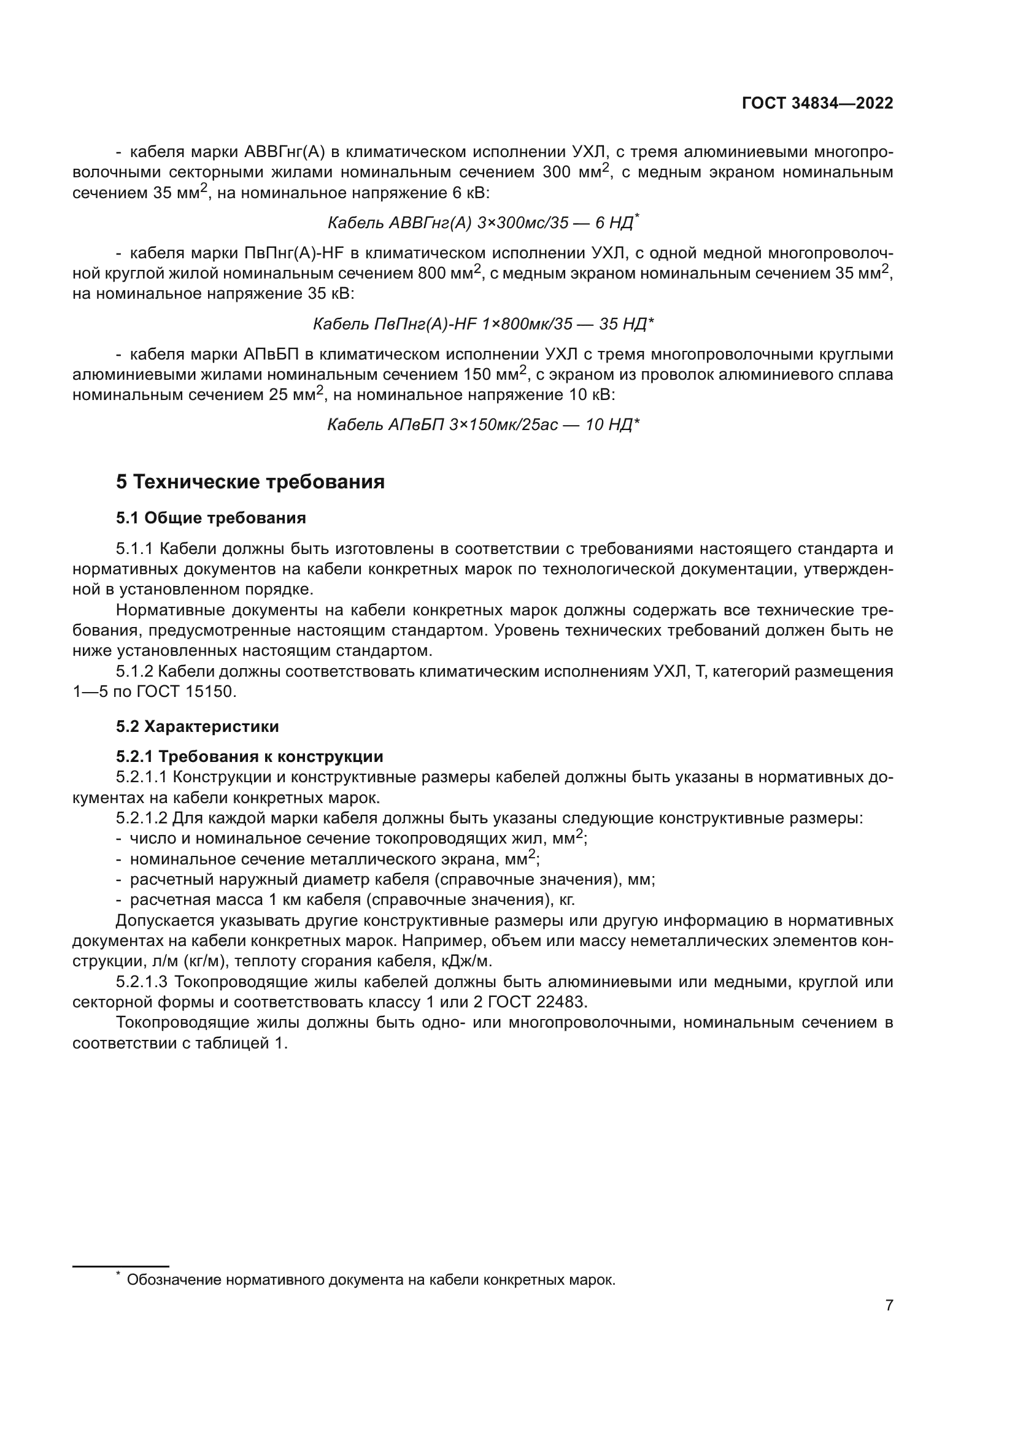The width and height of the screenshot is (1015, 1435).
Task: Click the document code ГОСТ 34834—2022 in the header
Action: tap(817, 103)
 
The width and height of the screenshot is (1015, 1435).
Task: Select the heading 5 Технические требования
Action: tap(250, 482)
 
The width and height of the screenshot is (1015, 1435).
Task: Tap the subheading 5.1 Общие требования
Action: tap(210, 518)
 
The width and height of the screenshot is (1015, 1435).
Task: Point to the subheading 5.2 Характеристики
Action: tap(197, 726)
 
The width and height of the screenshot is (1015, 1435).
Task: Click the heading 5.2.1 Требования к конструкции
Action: tap(249, 756)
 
